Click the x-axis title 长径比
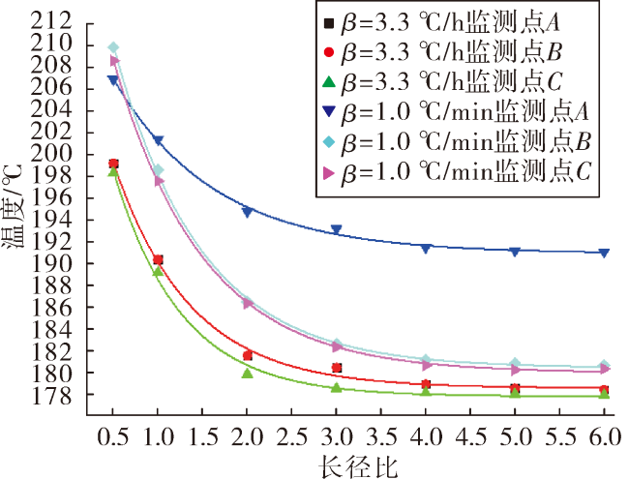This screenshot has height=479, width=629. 358,467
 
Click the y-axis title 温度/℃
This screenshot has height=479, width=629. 13,207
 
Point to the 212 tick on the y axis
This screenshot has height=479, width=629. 51,20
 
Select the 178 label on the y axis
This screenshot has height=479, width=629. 51,395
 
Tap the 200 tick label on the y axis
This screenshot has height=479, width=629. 51,154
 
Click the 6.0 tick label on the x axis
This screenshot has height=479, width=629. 605,436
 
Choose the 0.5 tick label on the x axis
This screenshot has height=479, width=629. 113,436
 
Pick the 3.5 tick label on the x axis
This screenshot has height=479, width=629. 381,436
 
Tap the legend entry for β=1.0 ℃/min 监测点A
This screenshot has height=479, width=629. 456,111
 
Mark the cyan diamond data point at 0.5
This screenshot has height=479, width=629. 113,47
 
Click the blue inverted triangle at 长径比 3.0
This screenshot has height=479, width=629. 337,229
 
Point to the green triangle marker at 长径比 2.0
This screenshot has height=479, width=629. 248,374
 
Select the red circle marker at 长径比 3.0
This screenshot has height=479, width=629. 337,368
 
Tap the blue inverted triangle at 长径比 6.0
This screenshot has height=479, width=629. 604,253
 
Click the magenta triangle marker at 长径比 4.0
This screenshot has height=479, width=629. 427,365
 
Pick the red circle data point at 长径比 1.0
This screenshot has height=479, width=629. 158,260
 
